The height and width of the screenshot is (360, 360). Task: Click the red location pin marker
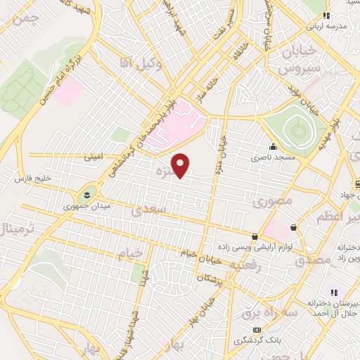181,166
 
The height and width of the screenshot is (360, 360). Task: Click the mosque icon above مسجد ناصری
273,146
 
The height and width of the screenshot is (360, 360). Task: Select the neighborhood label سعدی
151,209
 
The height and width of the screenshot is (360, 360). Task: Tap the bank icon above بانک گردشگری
257,329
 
